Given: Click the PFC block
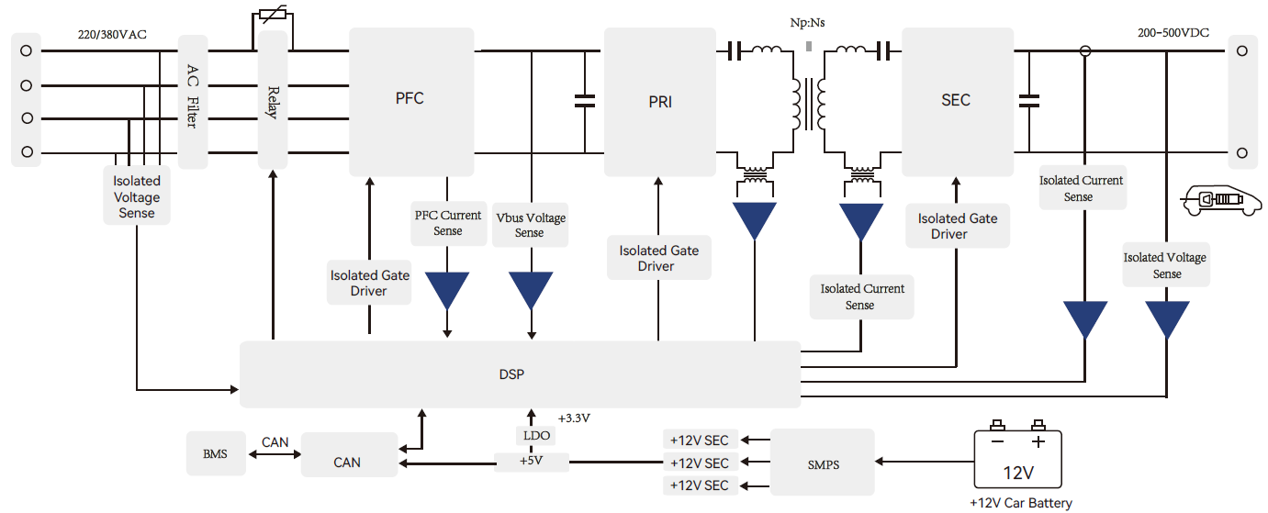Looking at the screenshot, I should click(410, 101).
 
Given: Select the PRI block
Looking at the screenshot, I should click(659, 101).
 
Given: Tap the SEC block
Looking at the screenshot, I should click(956, 101).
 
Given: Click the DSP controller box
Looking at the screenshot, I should click(519, 374).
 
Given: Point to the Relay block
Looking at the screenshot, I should click(273, 99).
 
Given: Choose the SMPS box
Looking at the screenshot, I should click(823, 464).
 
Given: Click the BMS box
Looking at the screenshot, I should click(216, 453).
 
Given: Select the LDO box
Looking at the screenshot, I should click(533, 435).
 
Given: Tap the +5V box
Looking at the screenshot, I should click(531, 461).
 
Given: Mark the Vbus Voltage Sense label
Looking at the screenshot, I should click(531, 225).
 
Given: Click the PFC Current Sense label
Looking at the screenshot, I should click(448, 223).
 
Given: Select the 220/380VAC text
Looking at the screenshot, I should click(113, 35).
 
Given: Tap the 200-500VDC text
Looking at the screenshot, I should click(1173, 33).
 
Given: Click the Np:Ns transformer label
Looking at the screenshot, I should click(807, 22).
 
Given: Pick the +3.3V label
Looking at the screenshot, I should click(574, 418).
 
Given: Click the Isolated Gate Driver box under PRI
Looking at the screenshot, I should click(658, 258).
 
